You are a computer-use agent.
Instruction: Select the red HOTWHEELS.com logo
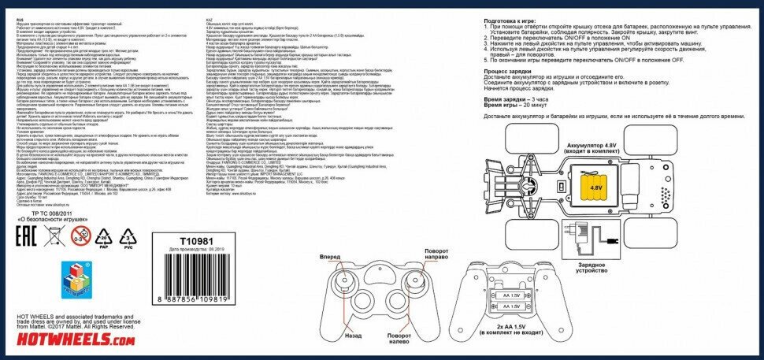coord(69,340)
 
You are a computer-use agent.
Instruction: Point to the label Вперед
coord(332,258)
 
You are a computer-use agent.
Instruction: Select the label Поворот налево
coord(399,340)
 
